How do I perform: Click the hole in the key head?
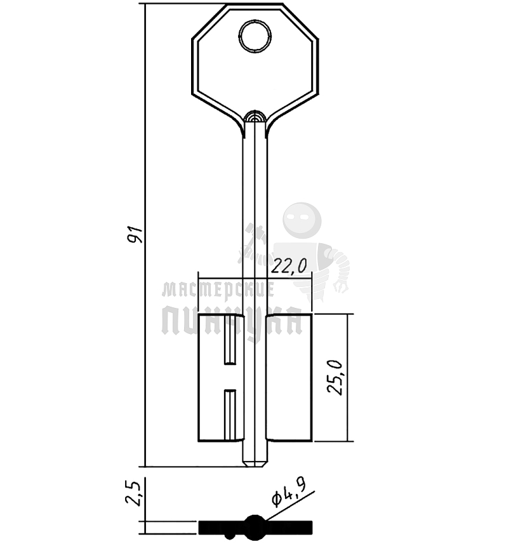255,36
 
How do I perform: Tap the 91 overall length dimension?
135,234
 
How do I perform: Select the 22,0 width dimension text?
289,267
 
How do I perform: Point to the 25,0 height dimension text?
335,377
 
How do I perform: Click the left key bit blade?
220,378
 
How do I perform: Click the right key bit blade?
289,378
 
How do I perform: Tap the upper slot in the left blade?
230,340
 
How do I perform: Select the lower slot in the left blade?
230,415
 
